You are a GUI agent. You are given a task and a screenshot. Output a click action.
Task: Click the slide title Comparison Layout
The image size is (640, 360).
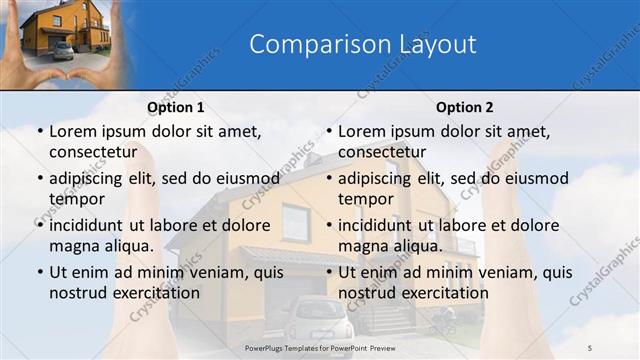tap(362, 44)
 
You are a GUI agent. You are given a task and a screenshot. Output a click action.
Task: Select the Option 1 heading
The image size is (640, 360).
tap(176, 107)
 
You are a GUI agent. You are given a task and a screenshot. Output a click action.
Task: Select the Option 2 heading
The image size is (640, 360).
tap(464, 107)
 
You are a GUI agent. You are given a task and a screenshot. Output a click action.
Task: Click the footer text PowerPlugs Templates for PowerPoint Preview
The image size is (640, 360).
tap(320, 344)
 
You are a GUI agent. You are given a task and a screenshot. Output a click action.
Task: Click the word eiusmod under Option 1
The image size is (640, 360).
tap(245, 178)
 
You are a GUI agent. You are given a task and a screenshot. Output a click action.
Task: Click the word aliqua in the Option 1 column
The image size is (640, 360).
tap(125, 246)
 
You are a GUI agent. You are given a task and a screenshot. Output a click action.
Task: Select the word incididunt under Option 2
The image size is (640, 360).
tap(376, 225)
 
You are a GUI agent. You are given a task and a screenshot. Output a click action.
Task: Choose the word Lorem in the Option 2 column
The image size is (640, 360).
tap(360, 131)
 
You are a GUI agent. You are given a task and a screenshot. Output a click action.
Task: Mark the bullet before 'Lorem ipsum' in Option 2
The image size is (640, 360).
tap(327, 131)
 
